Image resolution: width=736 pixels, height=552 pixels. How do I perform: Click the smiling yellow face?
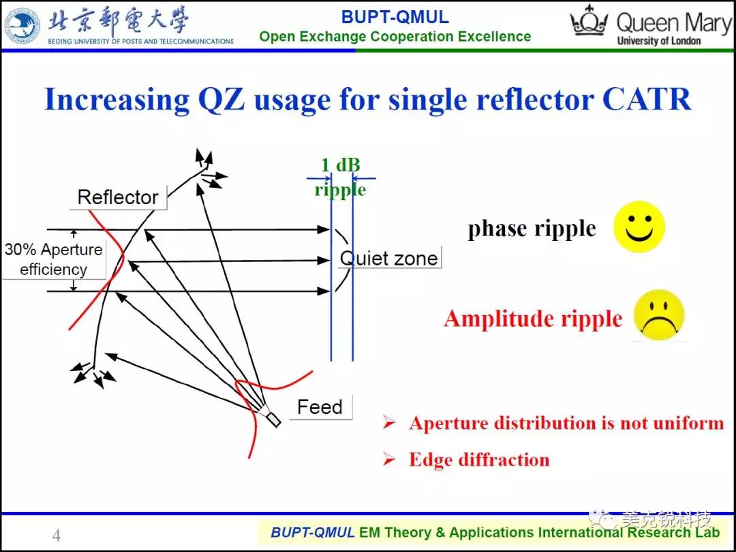click(639, 227)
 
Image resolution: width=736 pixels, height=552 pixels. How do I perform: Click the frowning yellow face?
click(658, 314)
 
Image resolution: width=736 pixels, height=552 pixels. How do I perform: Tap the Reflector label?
click(118, 197)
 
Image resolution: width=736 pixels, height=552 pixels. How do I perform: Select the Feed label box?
click(320, 407)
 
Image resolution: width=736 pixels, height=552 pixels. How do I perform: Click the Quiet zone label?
click(388, 259)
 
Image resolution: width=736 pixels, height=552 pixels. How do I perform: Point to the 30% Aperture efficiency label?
click(54, 259)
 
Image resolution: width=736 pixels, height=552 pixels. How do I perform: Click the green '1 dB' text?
click(340, 165)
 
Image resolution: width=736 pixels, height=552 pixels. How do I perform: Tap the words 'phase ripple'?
click(532, 229)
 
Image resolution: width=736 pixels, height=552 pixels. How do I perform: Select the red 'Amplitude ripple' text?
click(533, 319)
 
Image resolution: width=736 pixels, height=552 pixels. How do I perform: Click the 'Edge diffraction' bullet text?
click(479, 459)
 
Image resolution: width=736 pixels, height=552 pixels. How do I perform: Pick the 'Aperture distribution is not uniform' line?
click(566, 423)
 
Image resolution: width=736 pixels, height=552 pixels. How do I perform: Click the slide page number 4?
click(57, 535)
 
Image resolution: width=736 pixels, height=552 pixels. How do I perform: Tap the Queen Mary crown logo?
click(589, 21)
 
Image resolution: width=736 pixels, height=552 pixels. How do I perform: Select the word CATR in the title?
click(646, 99)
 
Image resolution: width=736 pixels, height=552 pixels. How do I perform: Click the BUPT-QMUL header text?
click(395, 17)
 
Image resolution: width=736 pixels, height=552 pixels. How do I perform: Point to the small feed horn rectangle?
click(272, 419)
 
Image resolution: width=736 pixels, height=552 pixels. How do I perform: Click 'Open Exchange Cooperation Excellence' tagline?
click(395, 37)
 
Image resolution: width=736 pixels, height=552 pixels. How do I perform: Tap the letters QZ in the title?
click(221, 99)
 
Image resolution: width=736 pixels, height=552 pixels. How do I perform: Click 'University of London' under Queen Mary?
click(658, 41)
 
